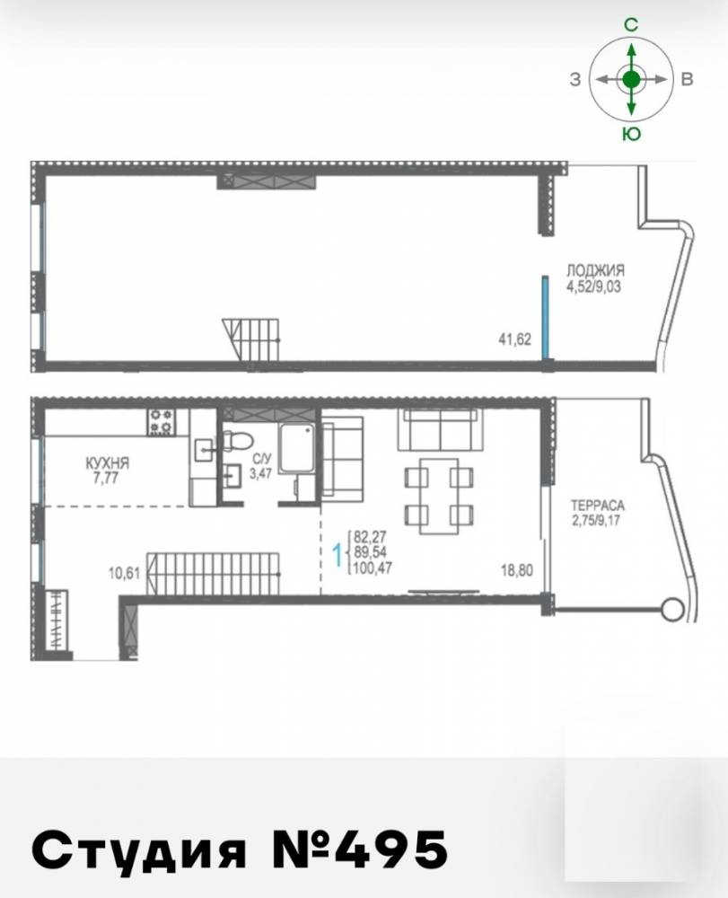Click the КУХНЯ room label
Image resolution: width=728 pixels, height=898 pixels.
pos(107,462)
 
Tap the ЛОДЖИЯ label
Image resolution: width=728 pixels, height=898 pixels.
pos(595,270)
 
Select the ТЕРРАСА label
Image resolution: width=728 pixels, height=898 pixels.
pos(598,506)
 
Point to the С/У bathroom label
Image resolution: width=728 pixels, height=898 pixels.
pos(261,459)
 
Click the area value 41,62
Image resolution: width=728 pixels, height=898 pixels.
pos(515,339)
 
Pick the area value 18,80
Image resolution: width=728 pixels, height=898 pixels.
pos(517,570)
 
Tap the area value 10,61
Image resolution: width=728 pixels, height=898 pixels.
pos(124,573)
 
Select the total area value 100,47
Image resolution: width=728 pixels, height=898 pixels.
pos(373,568)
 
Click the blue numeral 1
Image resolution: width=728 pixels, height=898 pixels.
pos(338,554)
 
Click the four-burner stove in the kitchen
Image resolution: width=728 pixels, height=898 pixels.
pos(161,422)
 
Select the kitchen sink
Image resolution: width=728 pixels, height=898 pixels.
pos(203,450)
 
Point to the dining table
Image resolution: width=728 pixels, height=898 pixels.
pos(439,496)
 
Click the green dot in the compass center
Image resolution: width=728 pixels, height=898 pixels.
pos(631,80)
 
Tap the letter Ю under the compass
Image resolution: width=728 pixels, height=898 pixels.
pos(631,134)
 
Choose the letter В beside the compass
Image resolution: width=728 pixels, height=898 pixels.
pos(688,80)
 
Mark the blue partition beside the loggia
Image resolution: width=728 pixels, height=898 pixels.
pos(547,317)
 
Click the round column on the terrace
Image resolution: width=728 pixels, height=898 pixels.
pos(673,607)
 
